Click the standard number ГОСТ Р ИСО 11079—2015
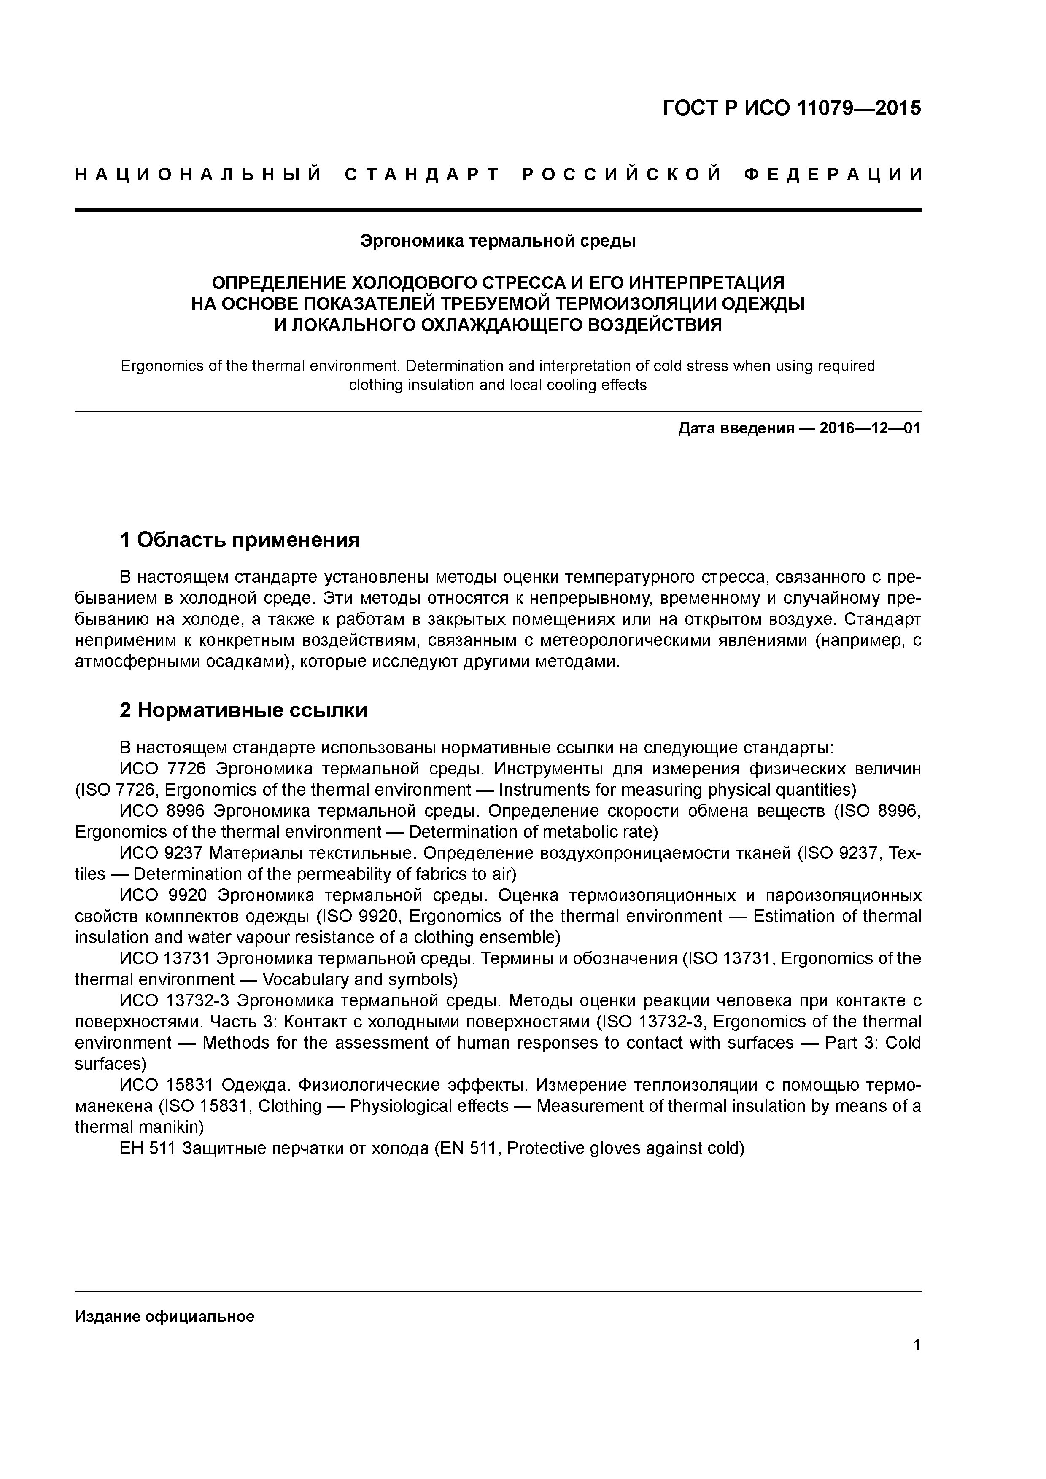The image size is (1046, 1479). tap(791, 108)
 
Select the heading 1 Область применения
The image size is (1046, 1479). tap(240, 540)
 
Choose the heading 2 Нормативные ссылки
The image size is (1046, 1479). tap(244, 710)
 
